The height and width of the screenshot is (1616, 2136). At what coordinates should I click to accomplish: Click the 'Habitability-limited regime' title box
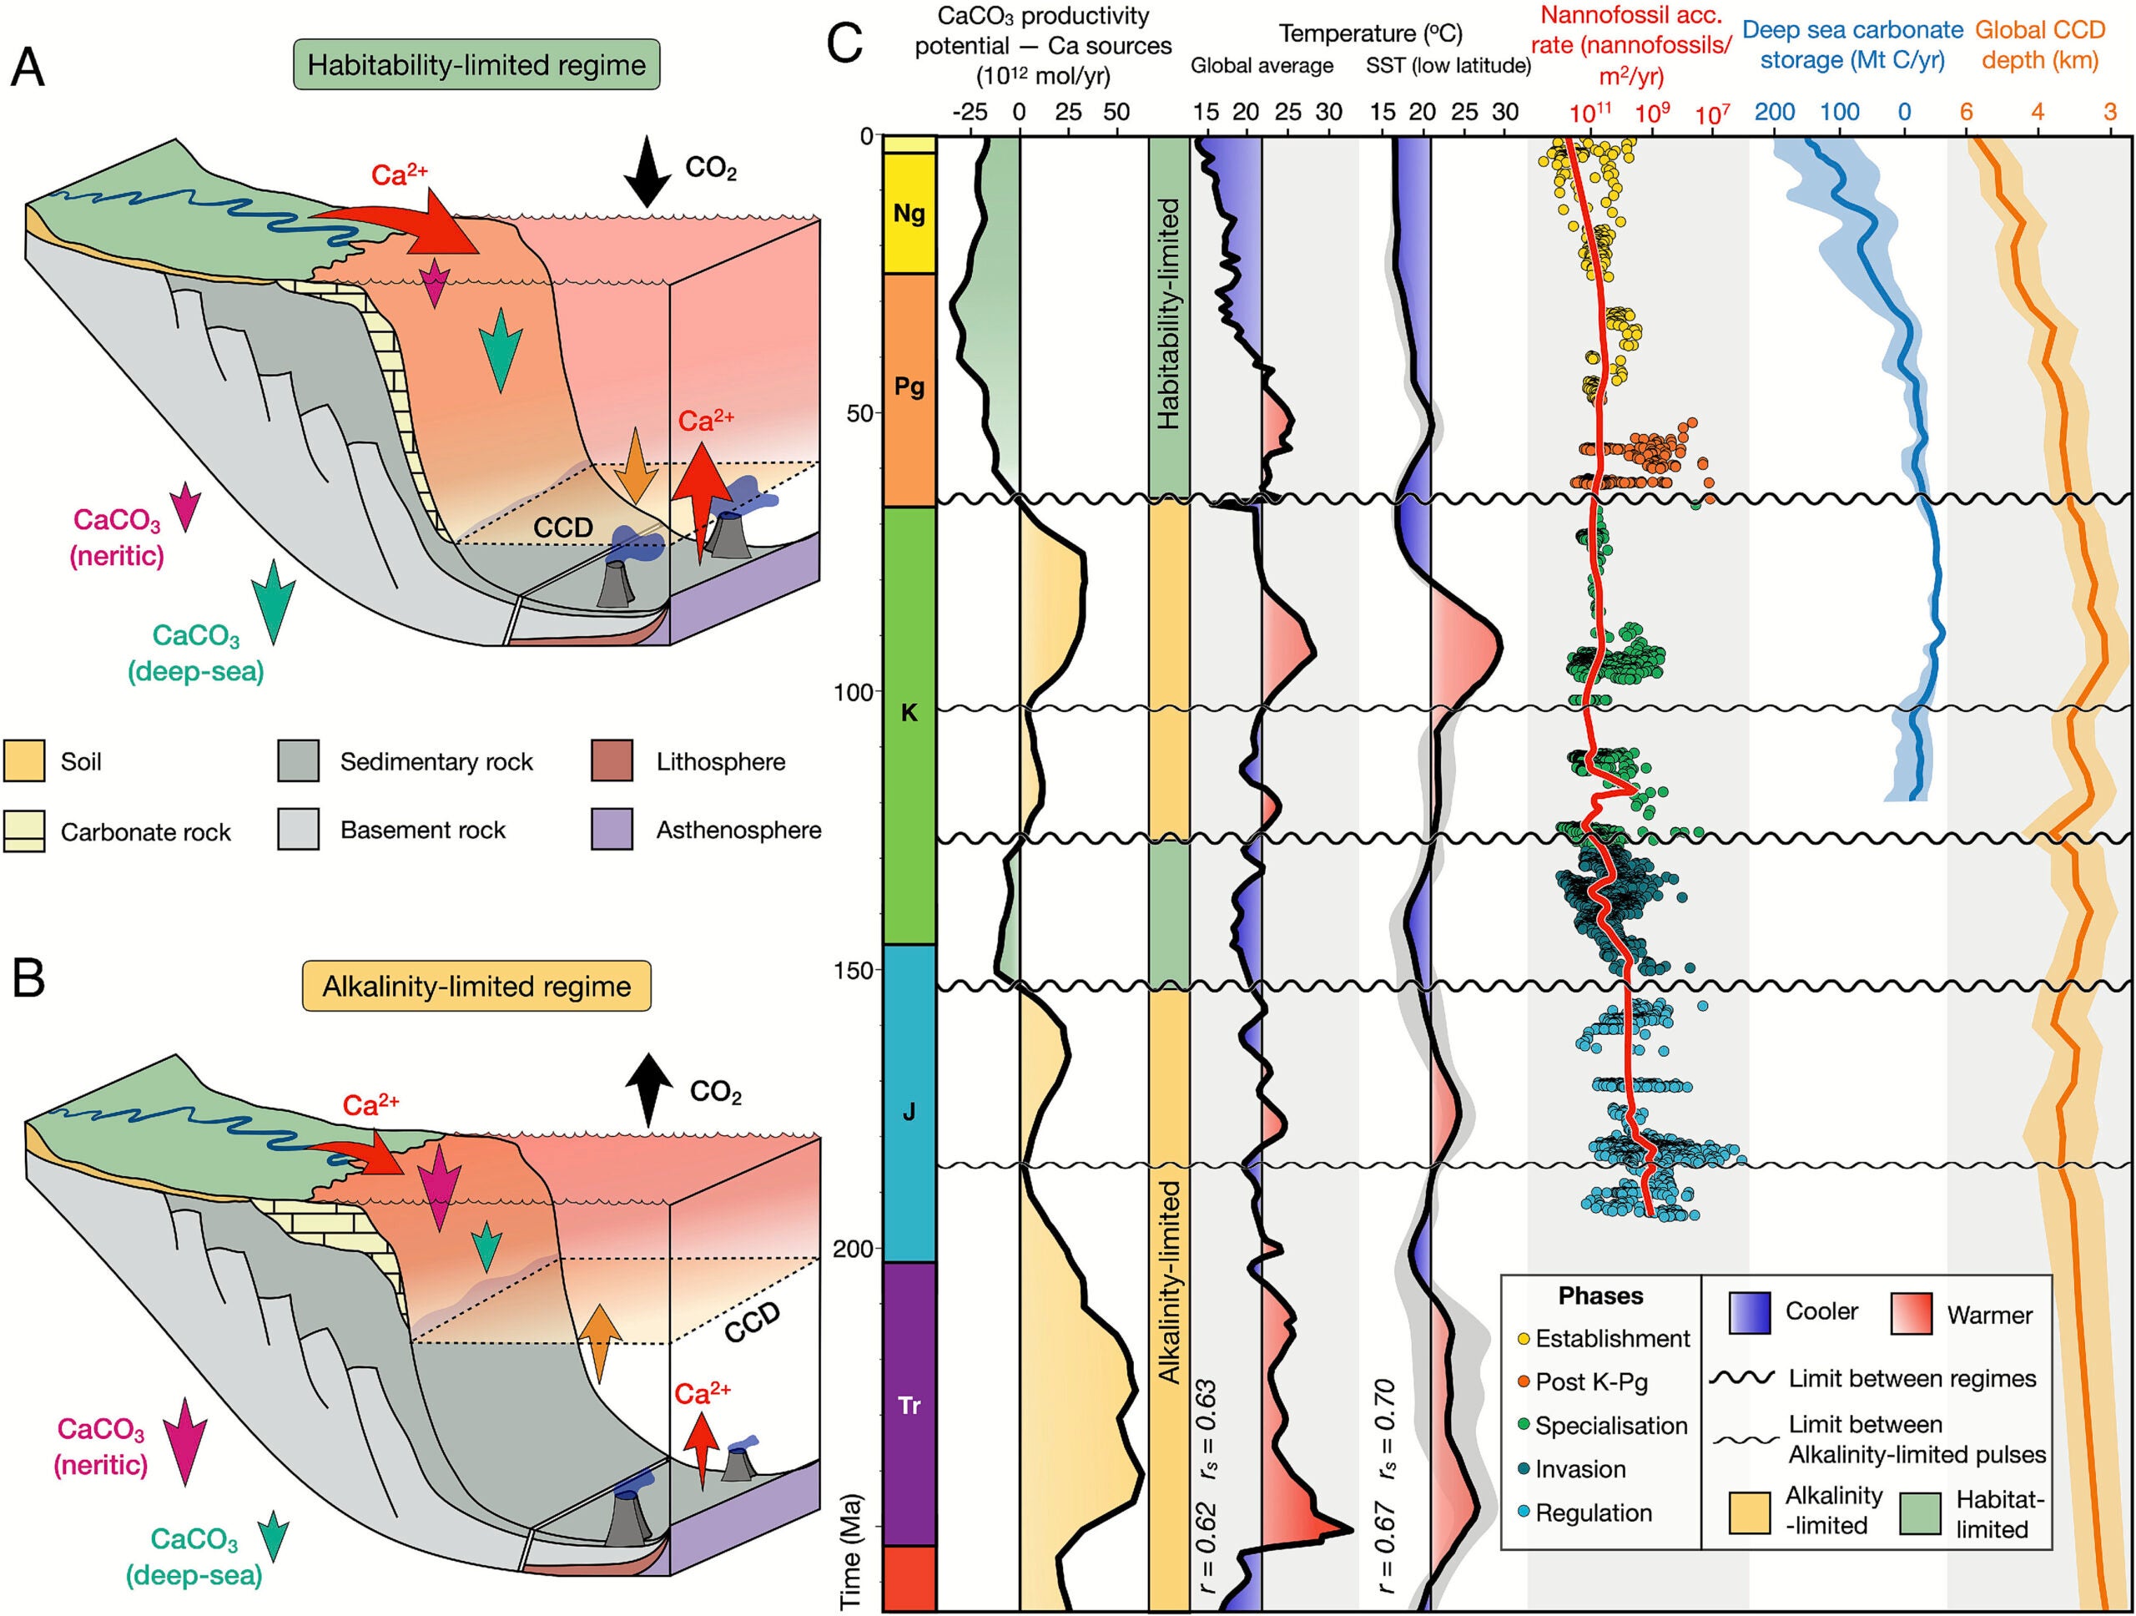pyautogui.click(x=476, y=65)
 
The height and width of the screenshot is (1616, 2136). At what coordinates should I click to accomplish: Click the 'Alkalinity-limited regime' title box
pyautogui.click(x=476, y=987)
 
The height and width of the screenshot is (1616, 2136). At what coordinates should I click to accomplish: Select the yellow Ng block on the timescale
pyautogui.click(x=909, y=214)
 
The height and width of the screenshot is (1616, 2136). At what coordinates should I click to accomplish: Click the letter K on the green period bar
pyautogui.click(x=909, y=714)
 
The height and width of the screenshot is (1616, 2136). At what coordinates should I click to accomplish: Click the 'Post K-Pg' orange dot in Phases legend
pyautogui.click(x=1523, y=1382)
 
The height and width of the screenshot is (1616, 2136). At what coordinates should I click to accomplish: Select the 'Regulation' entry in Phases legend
pyautogui.click(x=1594, y=1512)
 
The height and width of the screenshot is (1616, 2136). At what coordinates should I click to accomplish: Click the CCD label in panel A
pyautogui.click(x=563, y=528)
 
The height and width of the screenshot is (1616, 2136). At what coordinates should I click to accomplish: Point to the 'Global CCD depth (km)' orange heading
pyautogui.click(x=2038, y=44)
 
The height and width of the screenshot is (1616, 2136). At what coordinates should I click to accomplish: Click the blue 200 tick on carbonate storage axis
pyautogui.click(x=1774, y=112)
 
